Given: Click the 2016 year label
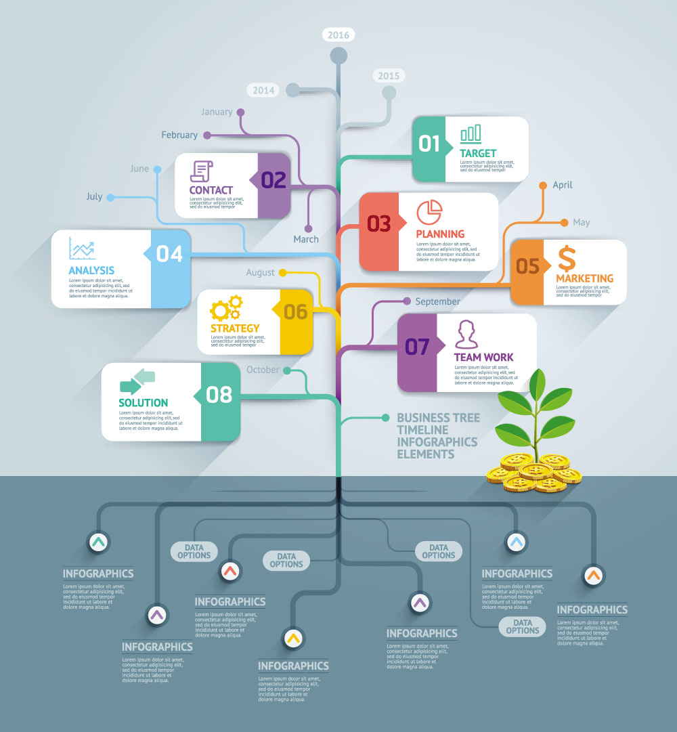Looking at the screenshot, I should tap(338, 35).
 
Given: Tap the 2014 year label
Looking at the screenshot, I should tap(265, 89).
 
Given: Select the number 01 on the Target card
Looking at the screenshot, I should tap(429, 144).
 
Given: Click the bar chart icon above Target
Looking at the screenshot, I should tap(471, 133).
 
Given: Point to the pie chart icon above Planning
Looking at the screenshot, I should tap(428, 213).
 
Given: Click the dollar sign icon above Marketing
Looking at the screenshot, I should tap(567, 258).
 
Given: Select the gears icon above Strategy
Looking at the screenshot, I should tap(226, 308).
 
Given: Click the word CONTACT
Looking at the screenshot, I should tap(211, 190).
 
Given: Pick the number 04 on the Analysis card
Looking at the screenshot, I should tap(169, 254).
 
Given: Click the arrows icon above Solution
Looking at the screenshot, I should tap(137, 381).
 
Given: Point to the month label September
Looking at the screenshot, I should tap(437, 301).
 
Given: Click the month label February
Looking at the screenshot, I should tap(179, 135).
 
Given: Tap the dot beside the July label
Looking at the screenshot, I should tap(110, 197).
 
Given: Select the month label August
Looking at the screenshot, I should tap(260, 272).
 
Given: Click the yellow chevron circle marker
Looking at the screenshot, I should tap(292, 637).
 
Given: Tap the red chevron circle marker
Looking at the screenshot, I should tap(230, 571).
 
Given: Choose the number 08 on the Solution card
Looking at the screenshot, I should tap(219, 394).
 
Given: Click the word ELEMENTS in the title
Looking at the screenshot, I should tap(426, 454).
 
